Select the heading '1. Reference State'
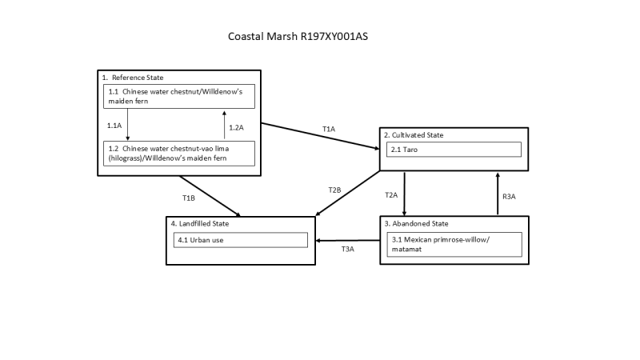click(x=133, y=77)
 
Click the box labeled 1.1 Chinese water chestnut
click(x=178, y=96)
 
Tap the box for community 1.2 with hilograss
click(x=178, y=153)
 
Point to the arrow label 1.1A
click(x=114, y=125)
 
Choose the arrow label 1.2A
click(x=236, y=127)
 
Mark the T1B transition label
click(x=188, y=197)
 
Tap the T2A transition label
click(x=391, y=194)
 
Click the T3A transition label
click(x=348, y=250)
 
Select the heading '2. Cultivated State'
click(x=414, y=134)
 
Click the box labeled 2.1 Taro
click(x=453, y=150)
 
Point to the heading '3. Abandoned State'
click(x=416, y=223)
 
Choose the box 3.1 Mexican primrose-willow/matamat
click(x=453, y=244)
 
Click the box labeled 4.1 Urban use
click(x=240, y=240)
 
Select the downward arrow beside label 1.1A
click(x=128, y=124)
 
